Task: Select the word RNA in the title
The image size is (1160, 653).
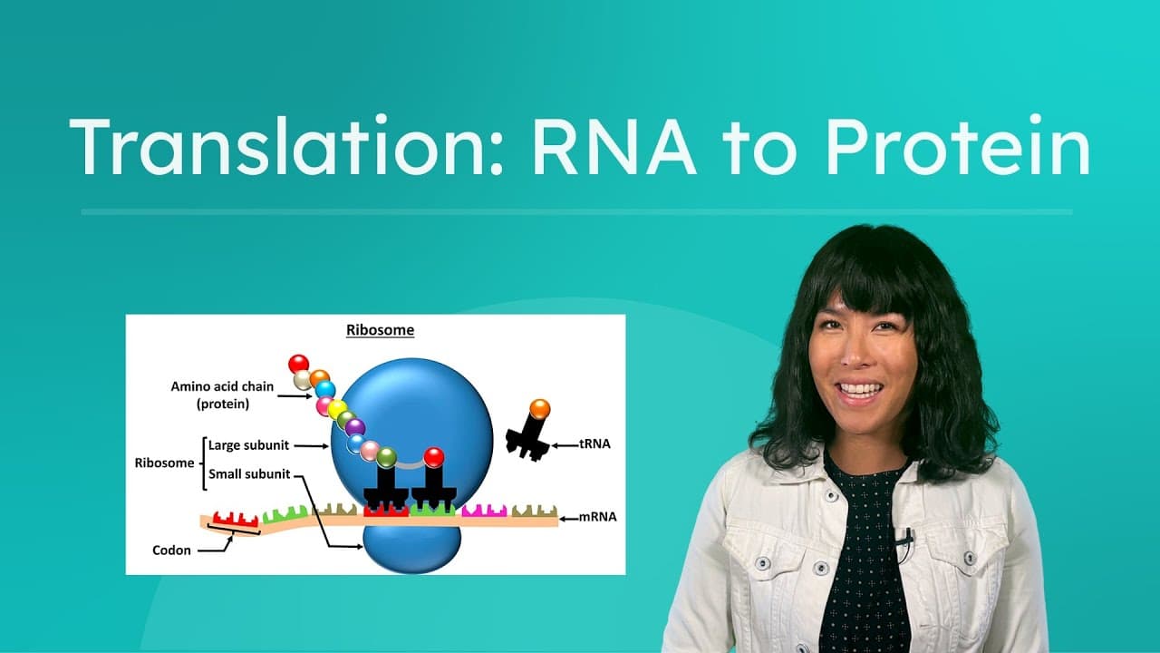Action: tap(614, 148)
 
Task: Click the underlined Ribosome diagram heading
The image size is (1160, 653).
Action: tap(380, 330)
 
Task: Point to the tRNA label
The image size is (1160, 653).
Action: tap(594, 444)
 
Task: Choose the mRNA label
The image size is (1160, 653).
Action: tap(598, 517)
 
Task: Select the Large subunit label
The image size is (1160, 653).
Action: tap(249, 445)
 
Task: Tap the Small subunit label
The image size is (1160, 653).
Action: tap(249, 473)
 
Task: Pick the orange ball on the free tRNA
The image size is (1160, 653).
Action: tap(539, 409)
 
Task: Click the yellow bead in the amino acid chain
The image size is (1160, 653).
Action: tap(336, 410)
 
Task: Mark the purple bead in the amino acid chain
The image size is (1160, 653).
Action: tap(355, 427)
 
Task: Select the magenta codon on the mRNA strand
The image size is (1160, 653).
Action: tap(484, 511)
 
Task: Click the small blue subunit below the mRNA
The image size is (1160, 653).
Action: tap(411, 549)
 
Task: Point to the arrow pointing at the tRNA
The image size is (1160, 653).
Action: tap(565, 444)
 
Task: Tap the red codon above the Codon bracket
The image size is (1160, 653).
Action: tap(236, 519)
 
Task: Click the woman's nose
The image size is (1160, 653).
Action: tap(855, 364)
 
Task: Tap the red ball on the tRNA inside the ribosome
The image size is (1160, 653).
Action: tap(434, 457)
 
